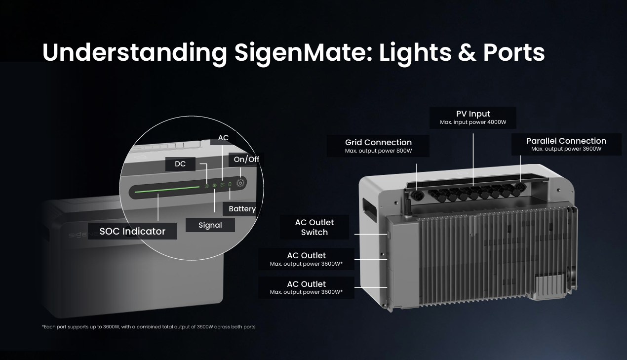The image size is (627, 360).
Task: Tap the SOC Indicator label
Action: [x=132, y=231]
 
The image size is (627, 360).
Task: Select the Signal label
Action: [x=210, y=225]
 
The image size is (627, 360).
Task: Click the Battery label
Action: [x=242, y=209]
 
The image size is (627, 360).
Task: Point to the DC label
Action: [x=180, y=164]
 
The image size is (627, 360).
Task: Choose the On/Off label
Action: [x=246, y=160]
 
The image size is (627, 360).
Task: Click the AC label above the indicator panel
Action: [x=223, y=138]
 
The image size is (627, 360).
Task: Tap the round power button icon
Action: [x=240, y=183]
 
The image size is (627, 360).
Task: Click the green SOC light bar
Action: [x=167, y=189]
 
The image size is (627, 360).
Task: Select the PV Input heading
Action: [x=473, y=114]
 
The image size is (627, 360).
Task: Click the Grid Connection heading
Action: [x=379, y=142]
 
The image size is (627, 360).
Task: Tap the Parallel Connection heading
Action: [x=566, y=141]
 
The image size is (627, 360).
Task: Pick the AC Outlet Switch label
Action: [x=314, y=227]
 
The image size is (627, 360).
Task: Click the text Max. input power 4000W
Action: [x=473, y=122]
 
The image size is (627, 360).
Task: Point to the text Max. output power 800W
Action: [x=379, y=151]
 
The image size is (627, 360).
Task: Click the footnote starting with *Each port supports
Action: [x=149, y=327]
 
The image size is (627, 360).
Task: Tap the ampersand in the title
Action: [x=467, y=52]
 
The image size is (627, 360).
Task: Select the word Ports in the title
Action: [x=514, y=52]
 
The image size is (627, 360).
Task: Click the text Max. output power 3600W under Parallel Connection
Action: [x=566, y=149]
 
